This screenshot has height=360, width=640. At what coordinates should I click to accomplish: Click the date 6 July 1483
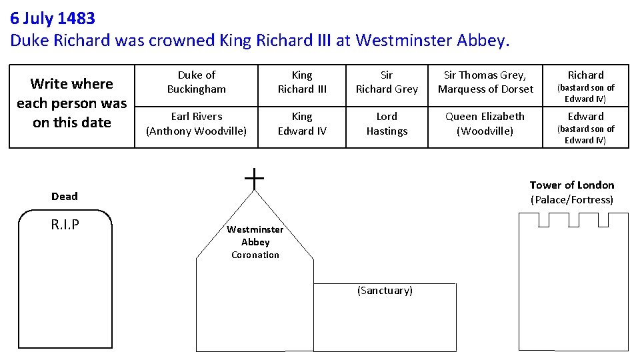pyautogui.click(x=53, y=18)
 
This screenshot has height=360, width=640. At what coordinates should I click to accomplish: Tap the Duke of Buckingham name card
pyautogui.click(x=197, y=82)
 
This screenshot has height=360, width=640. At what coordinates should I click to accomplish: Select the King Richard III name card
pyautogui.click(x=302, y=82)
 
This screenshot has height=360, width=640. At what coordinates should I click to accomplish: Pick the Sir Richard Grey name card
pyautogui.click(x=387, y=82)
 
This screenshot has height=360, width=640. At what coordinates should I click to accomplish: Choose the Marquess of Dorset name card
pyautogui.click(x=485, y=82)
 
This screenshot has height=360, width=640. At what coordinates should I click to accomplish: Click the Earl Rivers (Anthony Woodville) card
pyautogui.click(x=197, y=123)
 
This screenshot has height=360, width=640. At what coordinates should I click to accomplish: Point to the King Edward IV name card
pyautogui.click(x=302, y=123)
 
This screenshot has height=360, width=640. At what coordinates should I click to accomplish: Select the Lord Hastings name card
pyautogui.click(x=387, y=123)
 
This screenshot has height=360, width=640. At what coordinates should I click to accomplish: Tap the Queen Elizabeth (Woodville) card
pyautogui.click(x=485, y=123)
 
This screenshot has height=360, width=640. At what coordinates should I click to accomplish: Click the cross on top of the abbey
pyautogui.click(x=254, y=178)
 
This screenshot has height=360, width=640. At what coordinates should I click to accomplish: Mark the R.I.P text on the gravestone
pyautogui.click(x=65, y=225)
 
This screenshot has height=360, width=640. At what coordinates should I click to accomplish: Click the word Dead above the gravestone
pyautogui.click(x=65, y=196)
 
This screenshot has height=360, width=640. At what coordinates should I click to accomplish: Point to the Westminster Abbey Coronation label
pyautogui.click(x=255, y=242)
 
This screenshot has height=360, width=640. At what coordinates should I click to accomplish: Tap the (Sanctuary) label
pyautogui.click(x=385, y=291)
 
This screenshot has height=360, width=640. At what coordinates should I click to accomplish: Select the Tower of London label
pyautogui.click(x=572, y=185)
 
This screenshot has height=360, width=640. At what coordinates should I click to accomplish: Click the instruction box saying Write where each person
pyautogui.click(x=72, y=103)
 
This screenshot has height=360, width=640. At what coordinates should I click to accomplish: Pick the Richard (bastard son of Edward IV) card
pyautogui.click(x=585, y=85)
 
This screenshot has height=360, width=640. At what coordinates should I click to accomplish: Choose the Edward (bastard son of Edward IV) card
pyautogui.click(x=585, y=127)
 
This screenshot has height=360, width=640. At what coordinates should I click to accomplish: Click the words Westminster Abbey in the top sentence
pyautogui.click(x=432, y=40)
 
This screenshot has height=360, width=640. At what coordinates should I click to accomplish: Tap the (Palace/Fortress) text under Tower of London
pyautogui.click(x=572, y=200)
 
